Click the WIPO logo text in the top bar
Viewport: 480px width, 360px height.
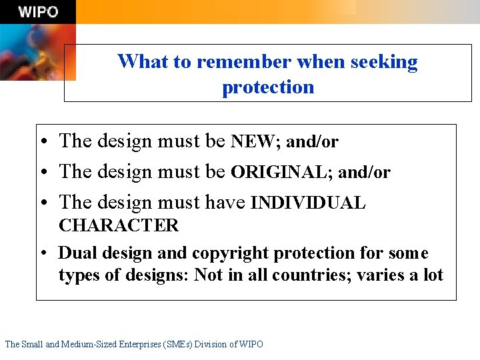38,12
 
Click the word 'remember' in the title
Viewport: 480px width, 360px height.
244,62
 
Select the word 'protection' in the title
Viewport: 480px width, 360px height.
268,87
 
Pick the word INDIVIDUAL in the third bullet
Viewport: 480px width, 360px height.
308,203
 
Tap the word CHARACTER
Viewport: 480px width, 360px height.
119,225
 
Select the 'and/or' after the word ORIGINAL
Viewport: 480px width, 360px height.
364,172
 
